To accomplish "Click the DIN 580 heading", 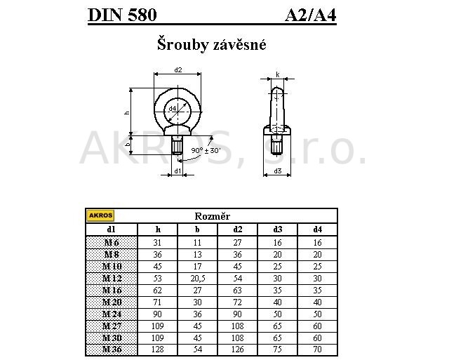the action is [x=123, y=15].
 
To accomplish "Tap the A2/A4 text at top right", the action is [x=311, y=15].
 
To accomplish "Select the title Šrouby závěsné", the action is [x=212, y=45].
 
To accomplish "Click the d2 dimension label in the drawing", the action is [x=178, y=70].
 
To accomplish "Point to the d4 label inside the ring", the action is [x=172, y=108].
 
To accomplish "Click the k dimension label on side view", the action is [x=278, y=74].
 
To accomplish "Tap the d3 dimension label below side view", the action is [x=278, y=171].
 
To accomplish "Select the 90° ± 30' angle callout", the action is [x=206, y=150].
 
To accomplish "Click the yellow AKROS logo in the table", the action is [x=100, y=215].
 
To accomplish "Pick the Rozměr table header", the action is [x=212, y=216].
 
